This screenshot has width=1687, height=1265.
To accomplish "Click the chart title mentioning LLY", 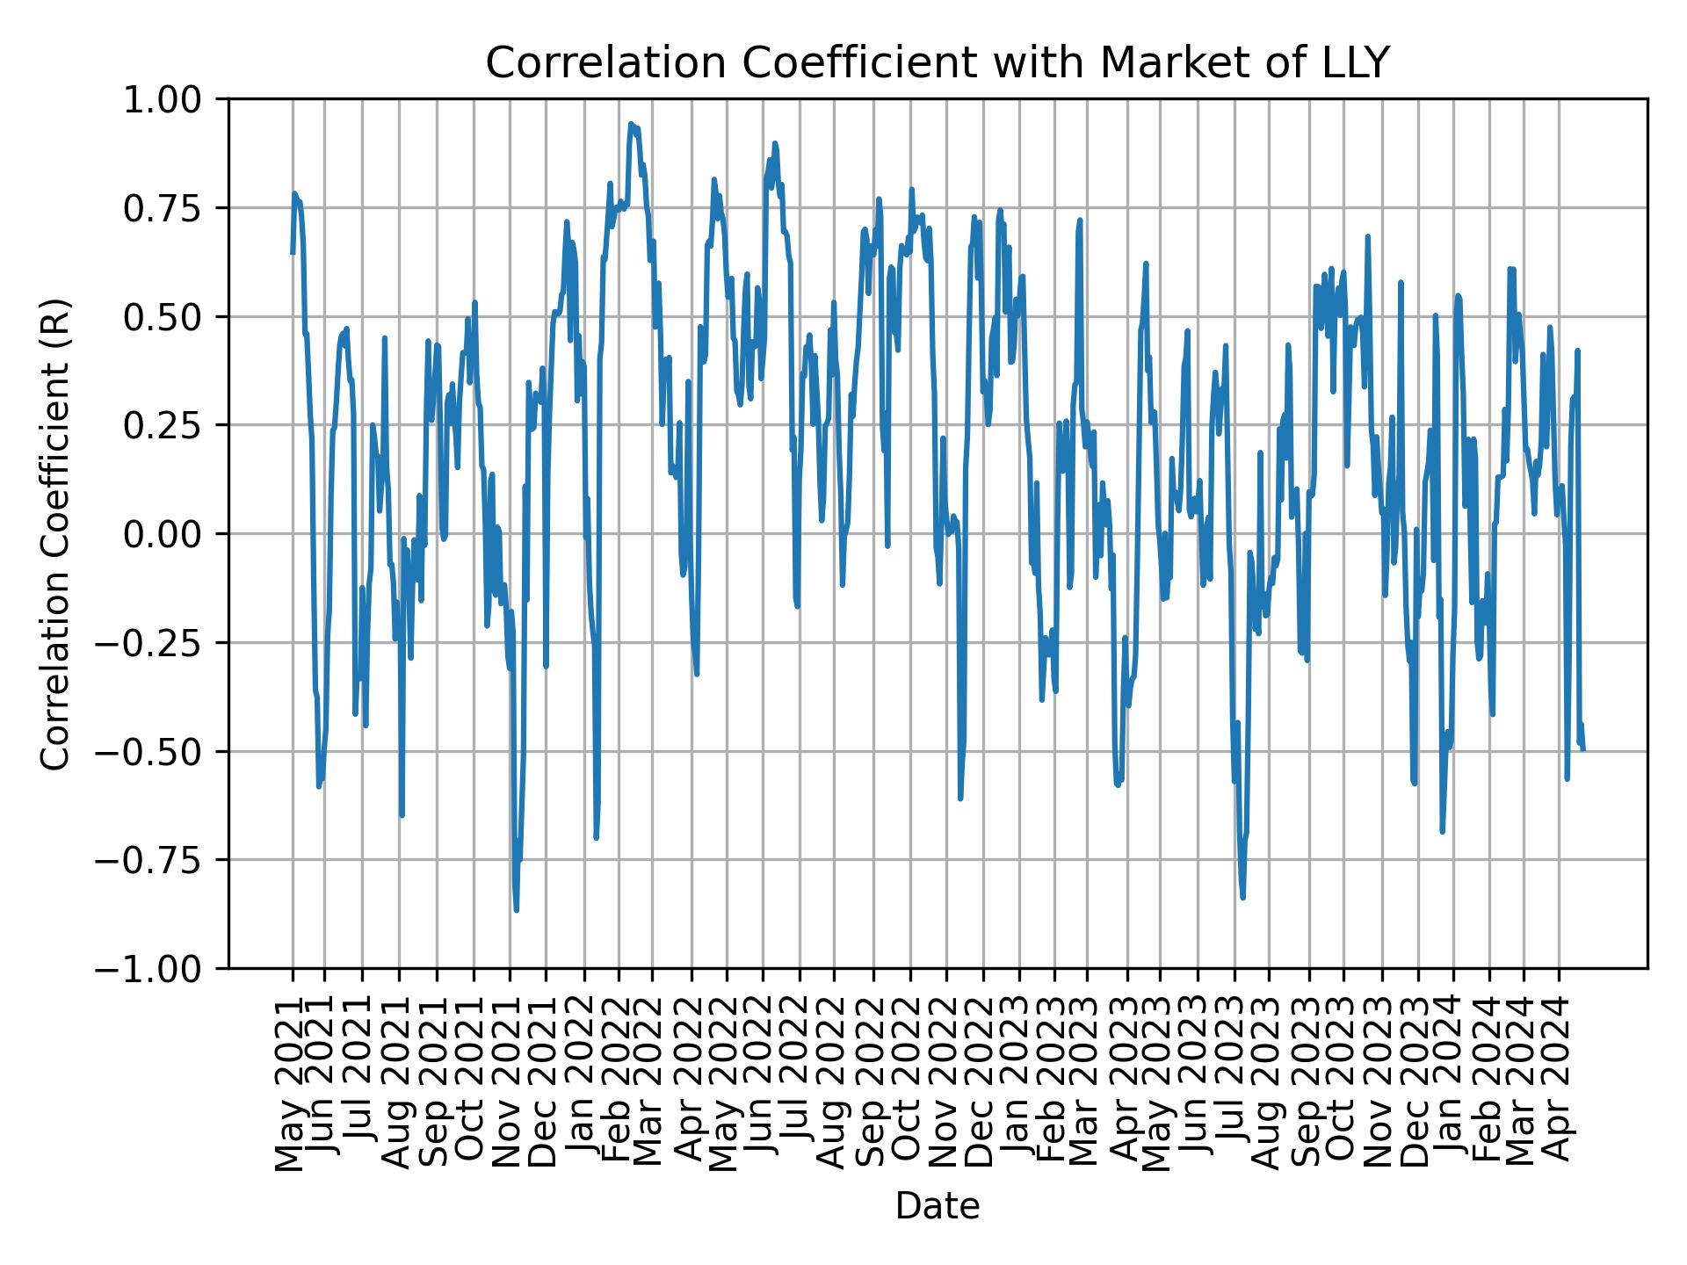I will [937, 63].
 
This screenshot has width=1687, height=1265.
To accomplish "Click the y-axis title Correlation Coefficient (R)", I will [55, 533].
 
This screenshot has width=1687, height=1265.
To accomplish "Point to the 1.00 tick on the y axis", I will [173, 99].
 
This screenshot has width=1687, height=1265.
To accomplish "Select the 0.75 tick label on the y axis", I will [173, 208].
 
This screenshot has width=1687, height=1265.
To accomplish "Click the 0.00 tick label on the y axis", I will [173, 534].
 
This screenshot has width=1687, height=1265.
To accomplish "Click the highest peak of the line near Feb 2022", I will [631, 125].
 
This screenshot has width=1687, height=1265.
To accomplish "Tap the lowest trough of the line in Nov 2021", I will [517, 910].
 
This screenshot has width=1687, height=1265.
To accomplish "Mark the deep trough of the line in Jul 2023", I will [1242, 897].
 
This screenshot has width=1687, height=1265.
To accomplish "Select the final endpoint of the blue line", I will [1583, 749].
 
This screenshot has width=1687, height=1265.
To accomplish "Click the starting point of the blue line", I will [293, 253].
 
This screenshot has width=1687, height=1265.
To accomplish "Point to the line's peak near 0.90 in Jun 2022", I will [774, 143].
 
